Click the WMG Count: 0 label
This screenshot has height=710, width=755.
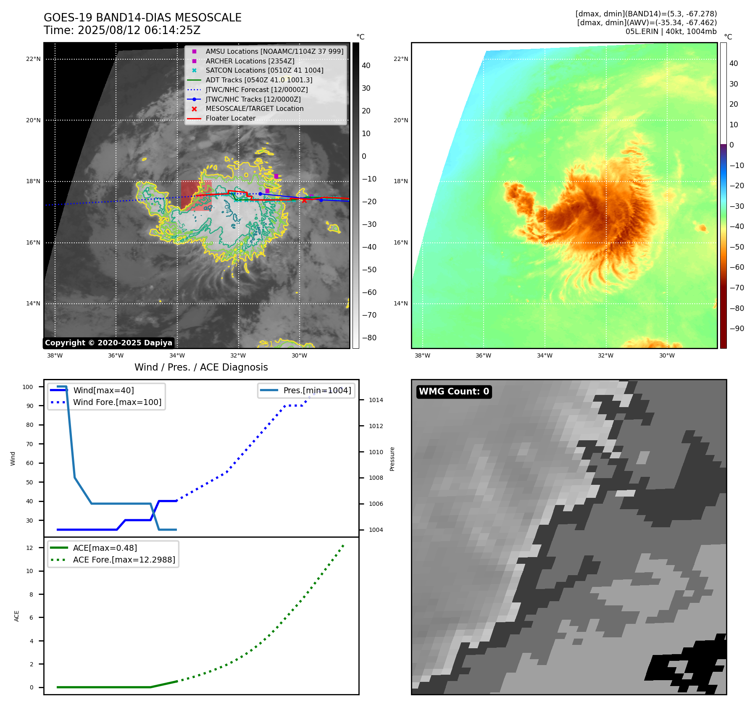(454, 392)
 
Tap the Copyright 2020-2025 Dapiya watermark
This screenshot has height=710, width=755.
(108, 343)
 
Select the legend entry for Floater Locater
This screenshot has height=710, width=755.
(230, 118)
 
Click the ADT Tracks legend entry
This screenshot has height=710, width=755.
(259, 80)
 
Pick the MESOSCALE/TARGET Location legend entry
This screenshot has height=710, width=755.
(254, 109)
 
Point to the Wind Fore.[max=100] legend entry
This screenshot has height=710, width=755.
(117, 402)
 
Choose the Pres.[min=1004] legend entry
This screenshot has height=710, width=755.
(317, 390)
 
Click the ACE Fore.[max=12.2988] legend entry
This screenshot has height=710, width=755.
(124, 560)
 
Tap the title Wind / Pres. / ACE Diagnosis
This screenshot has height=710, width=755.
(201, 367)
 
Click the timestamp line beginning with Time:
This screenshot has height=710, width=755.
(122, 30)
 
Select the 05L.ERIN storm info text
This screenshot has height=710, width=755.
(671, 32)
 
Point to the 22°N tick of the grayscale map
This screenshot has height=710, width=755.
(33, 59)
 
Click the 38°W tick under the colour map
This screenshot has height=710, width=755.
(422, 355)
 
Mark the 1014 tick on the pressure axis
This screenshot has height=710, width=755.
(376, 400)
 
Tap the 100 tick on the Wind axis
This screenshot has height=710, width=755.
(28, 387)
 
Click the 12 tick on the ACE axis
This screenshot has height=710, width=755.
(29, 548)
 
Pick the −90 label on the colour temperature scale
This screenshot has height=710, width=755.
(737, 329)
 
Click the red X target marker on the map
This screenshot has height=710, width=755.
(304, 200)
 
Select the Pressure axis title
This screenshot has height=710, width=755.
(392, 459)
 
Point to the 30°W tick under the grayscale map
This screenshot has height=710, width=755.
(299, 355)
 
